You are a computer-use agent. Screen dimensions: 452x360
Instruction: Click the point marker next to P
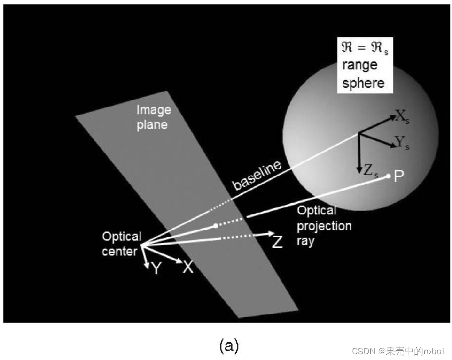point(388,176)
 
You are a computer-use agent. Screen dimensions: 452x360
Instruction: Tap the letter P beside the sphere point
point(398,176)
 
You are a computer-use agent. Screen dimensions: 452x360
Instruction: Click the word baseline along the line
point(257,175)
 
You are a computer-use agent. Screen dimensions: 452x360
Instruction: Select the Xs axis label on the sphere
point(403,116)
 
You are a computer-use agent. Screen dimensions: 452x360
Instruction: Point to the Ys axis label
point(402,143)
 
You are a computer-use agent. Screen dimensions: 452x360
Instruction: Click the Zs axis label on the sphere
point(371,171)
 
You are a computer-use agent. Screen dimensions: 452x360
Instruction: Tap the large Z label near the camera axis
point(277,242)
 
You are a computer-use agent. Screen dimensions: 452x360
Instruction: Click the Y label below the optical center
point(156,268)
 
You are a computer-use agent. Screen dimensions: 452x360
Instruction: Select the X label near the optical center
point(188,267)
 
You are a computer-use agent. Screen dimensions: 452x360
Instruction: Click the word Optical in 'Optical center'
point(122,237)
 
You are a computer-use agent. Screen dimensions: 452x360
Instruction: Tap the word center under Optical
point(120,252)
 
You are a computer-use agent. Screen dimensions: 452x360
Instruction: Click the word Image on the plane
point(154,110)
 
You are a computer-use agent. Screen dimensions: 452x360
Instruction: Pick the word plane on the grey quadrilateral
point(152,125)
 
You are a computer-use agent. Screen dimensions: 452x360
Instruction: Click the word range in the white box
point(360,65)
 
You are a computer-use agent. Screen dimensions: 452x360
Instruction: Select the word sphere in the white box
point(363,84)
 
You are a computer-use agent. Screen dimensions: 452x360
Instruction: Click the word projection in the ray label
point(324,226)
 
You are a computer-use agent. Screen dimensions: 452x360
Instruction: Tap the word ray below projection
point(305,241)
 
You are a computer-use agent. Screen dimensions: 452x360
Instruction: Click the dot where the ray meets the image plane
point(216,226)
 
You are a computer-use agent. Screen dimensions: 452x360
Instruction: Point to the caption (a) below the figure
point(229,345)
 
